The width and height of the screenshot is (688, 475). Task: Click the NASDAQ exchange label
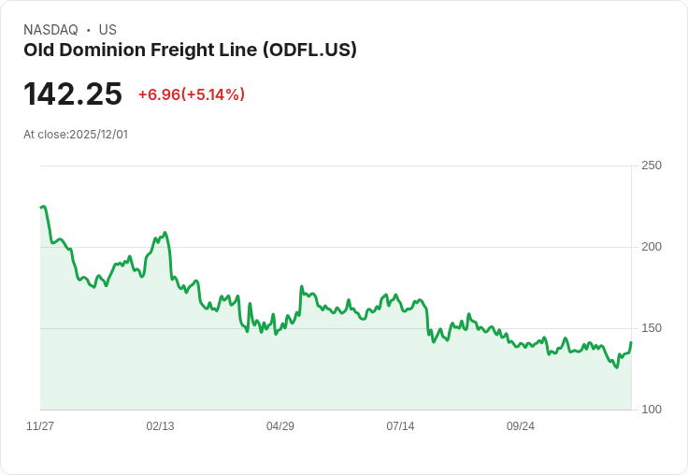50,30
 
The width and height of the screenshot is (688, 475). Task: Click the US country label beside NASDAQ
107,30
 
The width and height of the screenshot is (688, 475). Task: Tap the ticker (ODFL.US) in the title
309,50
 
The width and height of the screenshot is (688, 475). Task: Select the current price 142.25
73,94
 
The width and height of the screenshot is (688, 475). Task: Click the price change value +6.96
159,94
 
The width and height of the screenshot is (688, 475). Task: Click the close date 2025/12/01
98,135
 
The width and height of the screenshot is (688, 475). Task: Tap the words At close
45,135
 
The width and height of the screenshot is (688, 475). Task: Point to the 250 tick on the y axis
651,166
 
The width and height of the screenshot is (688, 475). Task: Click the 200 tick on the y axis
651,247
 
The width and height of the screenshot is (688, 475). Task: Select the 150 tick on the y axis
651,328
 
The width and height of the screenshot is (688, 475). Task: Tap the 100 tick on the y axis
651,410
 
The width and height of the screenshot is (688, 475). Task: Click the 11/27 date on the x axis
40,426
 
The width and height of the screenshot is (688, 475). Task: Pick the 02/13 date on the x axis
160,426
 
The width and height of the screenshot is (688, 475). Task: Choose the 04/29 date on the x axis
280,426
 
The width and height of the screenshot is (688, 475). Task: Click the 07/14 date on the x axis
400,426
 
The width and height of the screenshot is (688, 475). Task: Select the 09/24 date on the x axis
521,426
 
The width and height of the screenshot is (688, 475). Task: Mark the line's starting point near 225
41,208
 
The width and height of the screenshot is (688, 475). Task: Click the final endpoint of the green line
631,342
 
